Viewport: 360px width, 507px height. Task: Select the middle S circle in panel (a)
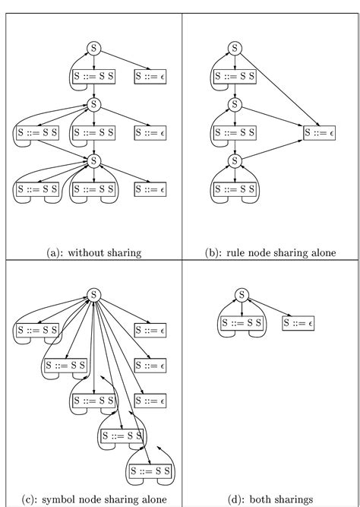tap(93, 104)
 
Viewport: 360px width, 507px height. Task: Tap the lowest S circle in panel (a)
tap(93, 160)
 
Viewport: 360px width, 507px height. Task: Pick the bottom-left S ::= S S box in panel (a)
tap(36, 189)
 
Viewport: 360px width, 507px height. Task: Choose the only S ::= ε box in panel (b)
tap(318, 132)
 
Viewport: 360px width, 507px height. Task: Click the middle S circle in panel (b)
tap(234, 104)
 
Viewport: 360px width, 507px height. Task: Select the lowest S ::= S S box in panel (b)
tap(234, 189)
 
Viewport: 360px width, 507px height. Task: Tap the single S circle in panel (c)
tap(93, 295)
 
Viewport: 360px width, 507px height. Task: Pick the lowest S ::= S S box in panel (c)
tap(150, 471)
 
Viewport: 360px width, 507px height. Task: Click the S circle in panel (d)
tap(241, 295)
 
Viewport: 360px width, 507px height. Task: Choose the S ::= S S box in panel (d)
tap(241, 323)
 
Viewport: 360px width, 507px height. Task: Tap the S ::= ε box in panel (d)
tap(298, 323)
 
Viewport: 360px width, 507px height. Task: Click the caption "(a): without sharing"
tap(93, 252)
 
